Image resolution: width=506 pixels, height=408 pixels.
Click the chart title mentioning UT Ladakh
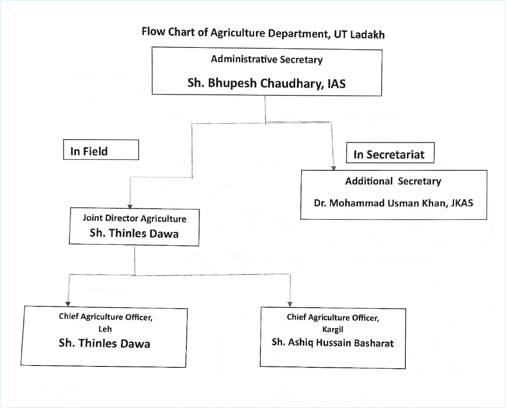[263, 33]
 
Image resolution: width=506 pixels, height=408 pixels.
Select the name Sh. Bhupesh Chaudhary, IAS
[267, 83]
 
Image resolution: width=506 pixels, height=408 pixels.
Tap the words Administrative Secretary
[267, 60]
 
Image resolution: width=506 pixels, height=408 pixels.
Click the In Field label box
[101, 150]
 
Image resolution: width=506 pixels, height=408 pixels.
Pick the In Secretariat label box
[390, 153]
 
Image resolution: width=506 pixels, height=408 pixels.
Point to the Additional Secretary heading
[393, 181]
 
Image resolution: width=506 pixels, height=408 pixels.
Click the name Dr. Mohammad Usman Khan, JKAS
[393, 203]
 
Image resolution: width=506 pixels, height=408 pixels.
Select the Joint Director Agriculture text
[135, 218]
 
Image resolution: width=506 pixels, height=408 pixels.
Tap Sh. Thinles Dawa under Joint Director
[134, 233]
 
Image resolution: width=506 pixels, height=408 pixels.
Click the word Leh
[105, 329]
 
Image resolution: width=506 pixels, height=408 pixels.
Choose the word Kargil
[333, 329]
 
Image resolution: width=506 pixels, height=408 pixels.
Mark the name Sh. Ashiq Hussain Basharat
[333, 342]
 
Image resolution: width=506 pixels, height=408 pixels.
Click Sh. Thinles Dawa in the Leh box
[105, 343]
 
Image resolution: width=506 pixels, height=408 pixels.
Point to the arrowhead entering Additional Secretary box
[334, 168]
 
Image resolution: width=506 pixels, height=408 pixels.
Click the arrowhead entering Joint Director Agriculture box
[130, 207]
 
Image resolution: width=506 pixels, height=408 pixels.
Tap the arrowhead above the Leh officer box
[68, 304]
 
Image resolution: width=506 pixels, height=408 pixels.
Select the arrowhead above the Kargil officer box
[290, 304]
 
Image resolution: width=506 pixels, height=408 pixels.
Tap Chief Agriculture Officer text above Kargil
[333, 318]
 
